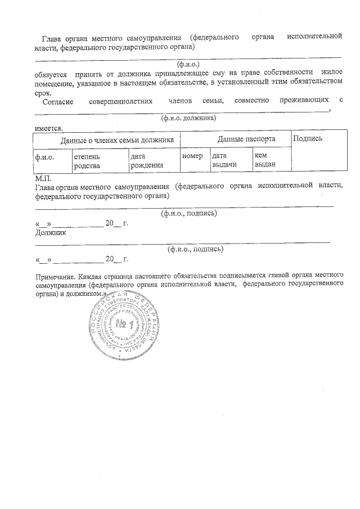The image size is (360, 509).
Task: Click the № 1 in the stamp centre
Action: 123,325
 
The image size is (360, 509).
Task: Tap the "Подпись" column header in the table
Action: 308,138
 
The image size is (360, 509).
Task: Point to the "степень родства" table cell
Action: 87,160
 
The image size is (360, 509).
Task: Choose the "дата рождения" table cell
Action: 146,160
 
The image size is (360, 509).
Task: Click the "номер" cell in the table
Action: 192,155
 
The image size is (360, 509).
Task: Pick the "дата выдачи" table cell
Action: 223,160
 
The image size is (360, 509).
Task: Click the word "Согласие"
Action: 58,101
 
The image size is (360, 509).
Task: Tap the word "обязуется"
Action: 51,73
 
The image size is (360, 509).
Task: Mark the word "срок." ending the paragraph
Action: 43,92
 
